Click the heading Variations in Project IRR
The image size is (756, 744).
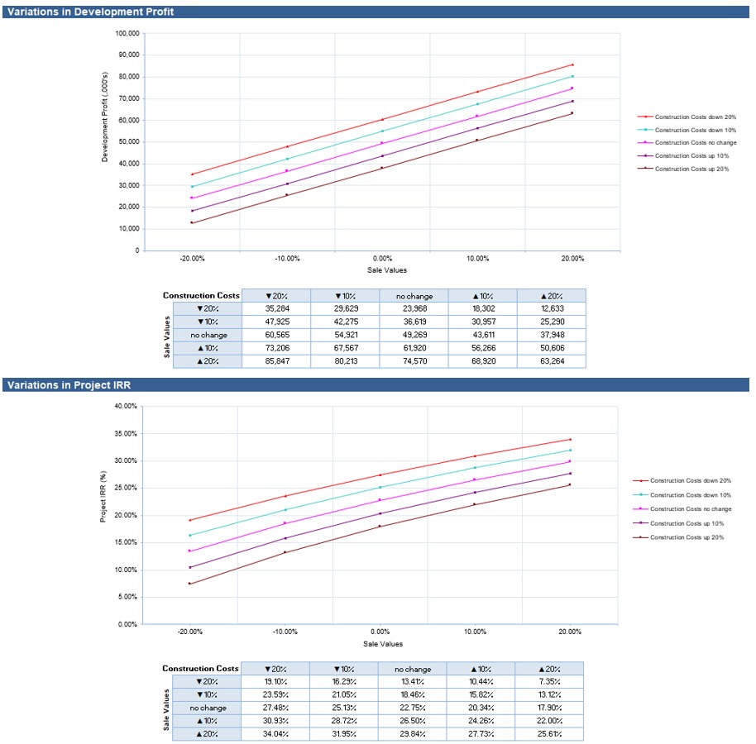68,384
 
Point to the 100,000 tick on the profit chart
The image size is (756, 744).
127,34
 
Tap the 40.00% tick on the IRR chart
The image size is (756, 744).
125,406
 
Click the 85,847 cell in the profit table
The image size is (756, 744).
276,361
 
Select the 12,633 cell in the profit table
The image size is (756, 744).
551,308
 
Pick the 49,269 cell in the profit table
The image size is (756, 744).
414,335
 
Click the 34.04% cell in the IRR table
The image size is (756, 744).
275,734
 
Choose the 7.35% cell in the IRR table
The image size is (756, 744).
549,681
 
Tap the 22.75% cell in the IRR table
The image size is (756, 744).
412,708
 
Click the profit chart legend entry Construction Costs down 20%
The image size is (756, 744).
695,117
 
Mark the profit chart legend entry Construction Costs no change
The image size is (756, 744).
695,143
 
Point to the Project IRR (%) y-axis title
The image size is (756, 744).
103,497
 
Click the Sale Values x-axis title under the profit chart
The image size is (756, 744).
386,270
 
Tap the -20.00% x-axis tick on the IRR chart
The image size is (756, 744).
189,631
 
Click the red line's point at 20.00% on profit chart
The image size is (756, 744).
572,64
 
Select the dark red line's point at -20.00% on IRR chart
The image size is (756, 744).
189,584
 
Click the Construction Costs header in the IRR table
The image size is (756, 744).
200,668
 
